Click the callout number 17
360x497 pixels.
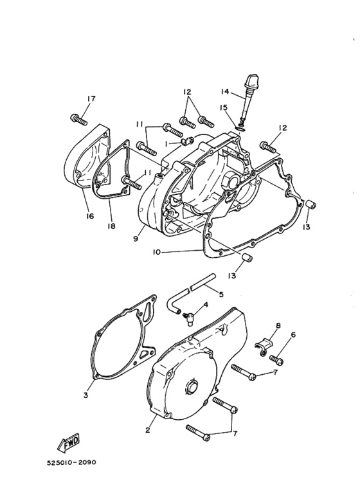pos(91,98)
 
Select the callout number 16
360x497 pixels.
pos(90,217)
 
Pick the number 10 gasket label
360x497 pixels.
pos(156,253)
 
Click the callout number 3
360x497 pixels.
pos(85,395)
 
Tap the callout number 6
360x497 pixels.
pos(293,335)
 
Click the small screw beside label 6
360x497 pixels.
pos(276,358)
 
